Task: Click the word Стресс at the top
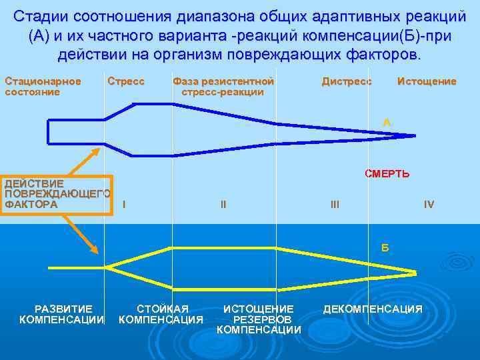[x=126, y=81]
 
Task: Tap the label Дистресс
[x=346, y=81]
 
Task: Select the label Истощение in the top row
[x=427, y=81]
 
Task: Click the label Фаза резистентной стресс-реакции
[x=223, y=86]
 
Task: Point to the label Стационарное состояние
[x=43, y=86]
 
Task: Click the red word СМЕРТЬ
[x=387, y=174]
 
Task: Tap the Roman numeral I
[x=124, y=205]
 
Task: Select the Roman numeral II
[x=223, y=205]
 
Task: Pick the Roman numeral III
[x=335, y=205]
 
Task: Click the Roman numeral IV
[x=429, y=205]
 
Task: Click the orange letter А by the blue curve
[x=387, y=122]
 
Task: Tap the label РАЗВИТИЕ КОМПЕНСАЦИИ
[x=63, y=314]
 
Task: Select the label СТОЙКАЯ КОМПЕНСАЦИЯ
[x=161, y=314]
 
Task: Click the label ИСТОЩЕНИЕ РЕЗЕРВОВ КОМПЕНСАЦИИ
[x=259, y=319]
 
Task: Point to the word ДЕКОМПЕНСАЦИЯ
[x=373, y=309]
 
